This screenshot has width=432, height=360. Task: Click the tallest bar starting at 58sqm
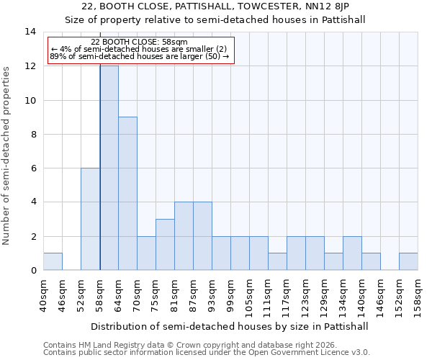109,168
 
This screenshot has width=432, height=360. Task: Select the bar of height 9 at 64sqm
127,194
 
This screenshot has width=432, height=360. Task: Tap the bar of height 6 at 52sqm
90,219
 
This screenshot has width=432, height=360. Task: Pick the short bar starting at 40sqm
53,262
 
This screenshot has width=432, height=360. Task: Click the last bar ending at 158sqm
408,262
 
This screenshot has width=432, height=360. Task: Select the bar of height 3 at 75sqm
165,245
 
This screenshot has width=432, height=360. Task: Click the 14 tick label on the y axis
30,32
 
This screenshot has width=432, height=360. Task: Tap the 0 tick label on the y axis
33,271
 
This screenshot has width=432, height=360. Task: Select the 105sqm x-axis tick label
250,296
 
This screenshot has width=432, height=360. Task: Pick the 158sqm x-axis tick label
418,296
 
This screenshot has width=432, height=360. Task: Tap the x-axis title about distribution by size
230,326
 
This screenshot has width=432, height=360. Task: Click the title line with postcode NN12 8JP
215,7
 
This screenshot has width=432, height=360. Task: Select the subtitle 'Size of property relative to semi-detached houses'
215,19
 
